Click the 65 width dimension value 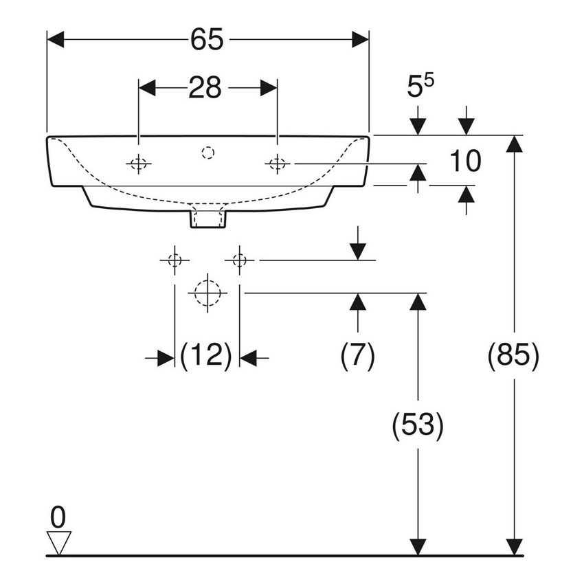[x=207, y=40]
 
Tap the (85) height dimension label [x=513, y=357]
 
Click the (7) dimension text [x=357, y=357]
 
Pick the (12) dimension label [x=207, y=357]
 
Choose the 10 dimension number [x=465, y=162]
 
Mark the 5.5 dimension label [x=420, y=86]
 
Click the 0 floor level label [x=59, y=515]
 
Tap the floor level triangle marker [x=59, y=541]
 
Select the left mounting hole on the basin [x=139, y=164]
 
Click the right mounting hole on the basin [x=278, y=164]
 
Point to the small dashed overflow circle [x=207, y=153]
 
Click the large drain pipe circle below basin [x=207, y=293]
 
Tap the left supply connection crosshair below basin [x=175, y=260]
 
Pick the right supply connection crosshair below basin [x=239, y=260]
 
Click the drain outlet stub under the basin [x=207, y=219]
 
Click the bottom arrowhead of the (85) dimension [x=513, y=546]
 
